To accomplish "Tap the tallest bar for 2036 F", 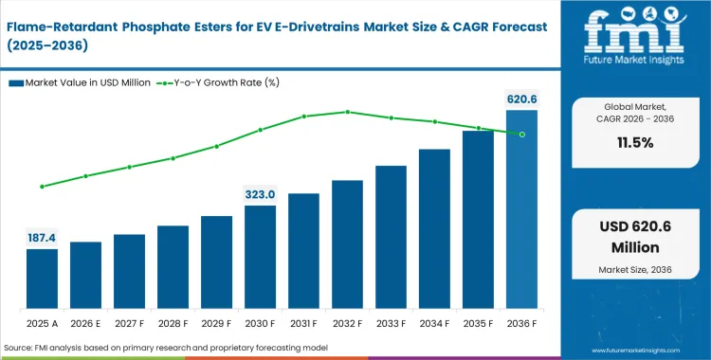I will (521, 208).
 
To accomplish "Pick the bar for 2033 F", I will (391, 236).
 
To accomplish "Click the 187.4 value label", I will (42, 237).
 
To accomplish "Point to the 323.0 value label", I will (260, 194).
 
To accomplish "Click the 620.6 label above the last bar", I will (521, 99).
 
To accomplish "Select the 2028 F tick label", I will (173, 322).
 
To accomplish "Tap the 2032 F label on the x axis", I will (347, 322).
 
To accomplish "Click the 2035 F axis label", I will (478, 322).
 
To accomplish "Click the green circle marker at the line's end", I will (521, 134).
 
